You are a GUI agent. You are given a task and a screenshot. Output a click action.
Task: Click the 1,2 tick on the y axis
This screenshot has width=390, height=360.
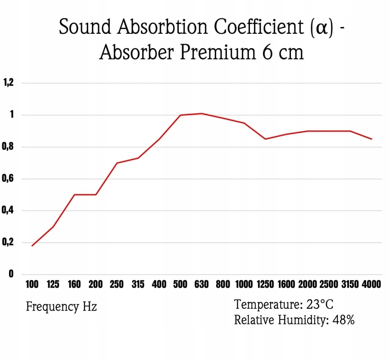click(9, 83)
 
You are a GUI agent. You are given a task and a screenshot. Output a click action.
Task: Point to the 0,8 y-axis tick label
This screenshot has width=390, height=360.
click(9, 147)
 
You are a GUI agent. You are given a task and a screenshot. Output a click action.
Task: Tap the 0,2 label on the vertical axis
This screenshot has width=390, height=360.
click(9, 243)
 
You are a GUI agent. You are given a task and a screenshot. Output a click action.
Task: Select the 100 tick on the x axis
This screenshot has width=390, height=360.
click(32, 284)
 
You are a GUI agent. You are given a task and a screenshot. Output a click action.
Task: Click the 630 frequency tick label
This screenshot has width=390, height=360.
click(201, 284)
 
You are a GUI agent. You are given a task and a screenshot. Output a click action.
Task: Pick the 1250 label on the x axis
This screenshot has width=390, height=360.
click(265, 284)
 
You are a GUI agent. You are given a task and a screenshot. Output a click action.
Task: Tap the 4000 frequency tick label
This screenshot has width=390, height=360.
click(371, 284)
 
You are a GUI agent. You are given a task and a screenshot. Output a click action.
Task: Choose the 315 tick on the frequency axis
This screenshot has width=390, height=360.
click(138, 284)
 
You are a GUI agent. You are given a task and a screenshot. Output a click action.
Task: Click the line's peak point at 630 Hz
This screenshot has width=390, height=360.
click(201, 113)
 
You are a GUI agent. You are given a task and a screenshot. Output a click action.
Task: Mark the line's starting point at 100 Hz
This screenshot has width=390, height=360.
click(32, 246)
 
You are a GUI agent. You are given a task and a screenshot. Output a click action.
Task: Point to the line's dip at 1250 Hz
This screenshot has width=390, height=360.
click(265, 139)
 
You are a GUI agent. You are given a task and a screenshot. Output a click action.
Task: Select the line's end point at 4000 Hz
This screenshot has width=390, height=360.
click(372, 139)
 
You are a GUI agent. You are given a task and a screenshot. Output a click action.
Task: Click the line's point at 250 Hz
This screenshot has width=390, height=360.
click(117, 162)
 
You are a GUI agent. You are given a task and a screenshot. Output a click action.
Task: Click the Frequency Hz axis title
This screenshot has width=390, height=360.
click(61, 307)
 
